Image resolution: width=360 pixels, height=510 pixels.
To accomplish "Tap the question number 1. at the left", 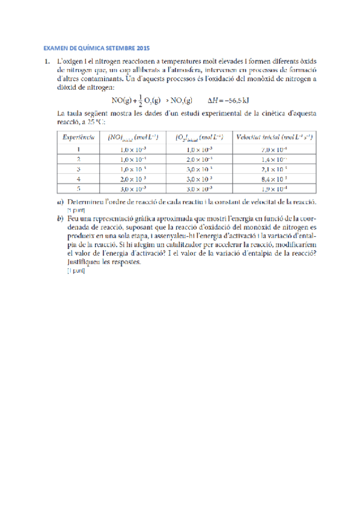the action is [44, 61].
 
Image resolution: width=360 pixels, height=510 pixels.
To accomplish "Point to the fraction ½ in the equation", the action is [139, 100].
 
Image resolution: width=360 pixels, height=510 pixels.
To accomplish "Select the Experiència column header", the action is [79, 138].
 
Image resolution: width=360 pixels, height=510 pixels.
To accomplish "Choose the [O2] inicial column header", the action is [200, 138].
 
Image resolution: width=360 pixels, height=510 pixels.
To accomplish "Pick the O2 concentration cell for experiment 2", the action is [200, 159].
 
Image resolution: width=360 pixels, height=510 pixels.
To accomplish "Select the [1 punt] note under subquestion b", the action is [76, 271].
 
